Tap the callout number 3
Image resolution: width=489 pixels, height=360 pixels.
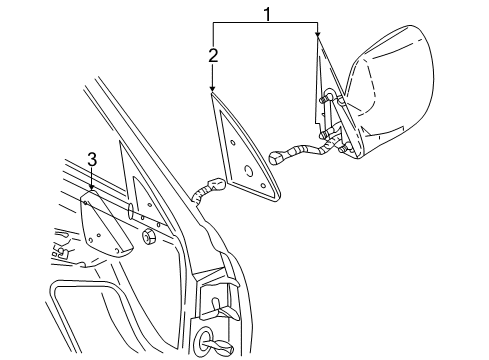[x=91, y=159]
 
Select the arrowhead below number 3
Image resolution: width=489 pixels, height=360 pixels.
[x=91, y=189]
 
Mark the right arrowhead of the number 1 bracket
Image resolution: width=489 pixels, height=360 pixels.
[x=317, y=38]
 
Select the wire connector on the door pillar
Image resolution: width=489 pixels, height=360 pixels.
[x=209, y=187]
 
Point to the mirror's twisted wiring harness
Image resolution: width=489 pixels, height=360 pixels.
[x=305, y=150]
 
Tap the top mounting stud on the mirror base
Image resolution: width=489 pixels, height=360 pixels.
[x=328, y=97]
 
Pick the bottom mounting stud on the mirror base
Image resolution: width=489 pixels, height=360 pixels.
[x=345, y=150]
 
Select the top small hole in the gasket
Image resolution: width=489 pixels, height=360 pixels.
[x=233, y=141]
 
